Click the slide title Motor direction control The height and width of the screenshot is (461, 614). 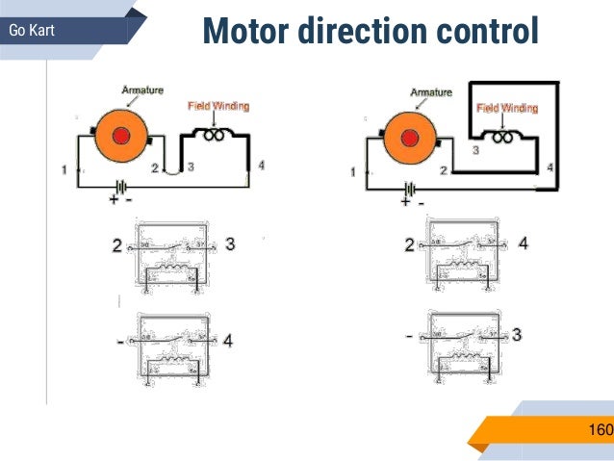click(x=370, y=31)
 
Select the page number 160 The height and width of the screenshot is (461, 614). click(x=599, y=429)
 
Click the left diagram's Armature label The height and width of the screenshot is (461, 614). click(x=141, y=90)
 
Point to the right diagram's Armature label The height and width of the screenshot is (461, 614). click(x=431, y=92)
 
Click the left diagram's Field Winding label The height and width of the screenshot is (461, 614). click(x=217, y=105)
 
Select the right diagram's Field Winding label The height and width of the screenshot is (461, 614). click(x=507, y=108)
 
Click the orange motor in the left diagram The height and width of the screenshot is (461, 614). click(x=120, y=134)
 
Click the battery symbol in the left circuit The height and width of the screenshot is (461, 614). click(x=120, y=188)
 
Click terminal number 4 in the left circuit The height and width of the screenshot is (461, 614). click(x=261, y=165)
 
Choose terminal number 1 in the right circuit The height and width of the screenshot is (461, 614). click(x=352, y=172)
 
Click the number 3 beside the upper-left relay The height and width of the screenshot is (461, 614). click(x=230, y=244)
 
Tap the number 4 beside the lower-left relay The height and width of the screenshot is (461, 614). click(x=228, y=341)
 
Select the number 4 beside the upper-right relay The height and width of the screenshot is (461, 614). click(x=523, y=243)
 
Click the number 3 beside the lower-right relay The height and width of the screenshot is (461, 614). click(x=517, y=336)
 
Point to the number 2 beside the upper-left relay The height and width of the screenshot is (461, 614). click(x=116, y=246)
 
